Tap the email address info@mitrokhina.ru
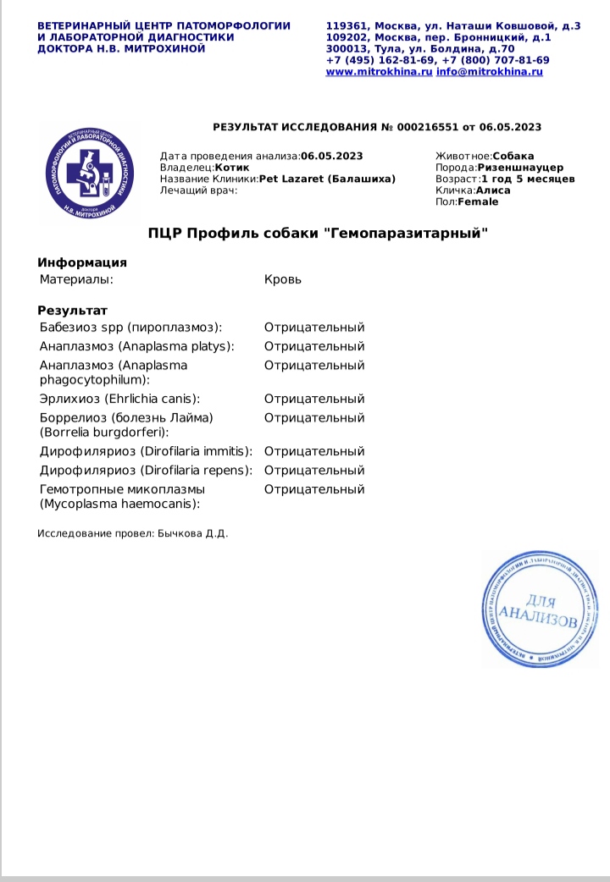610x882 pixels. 489,72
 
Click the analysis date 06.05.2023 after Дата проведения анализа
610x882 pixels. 331,156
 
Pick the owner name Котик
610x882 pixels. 232,168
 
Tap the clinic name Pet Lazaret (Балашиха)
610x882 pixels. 326,179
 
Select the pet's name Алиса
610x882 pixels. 493,190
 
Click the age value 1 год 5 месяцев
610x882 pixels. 528,179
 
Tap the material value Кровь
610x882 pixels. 282,279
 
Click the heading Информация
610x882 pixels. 82,262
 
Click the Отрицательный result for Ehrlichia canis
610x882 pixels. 313,399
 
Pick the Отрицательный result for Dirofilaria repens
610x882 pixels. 313,471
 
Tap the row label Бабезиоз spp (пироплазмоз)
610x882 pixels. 130,328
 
